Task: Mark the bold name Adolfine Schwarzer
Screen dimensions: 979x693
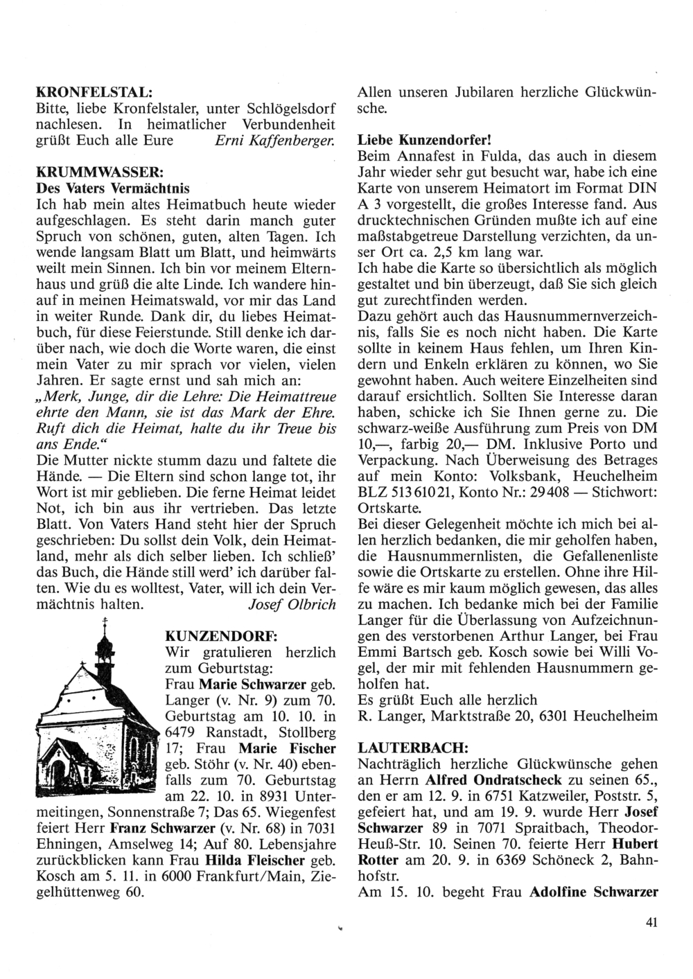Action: click(593, 892)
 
